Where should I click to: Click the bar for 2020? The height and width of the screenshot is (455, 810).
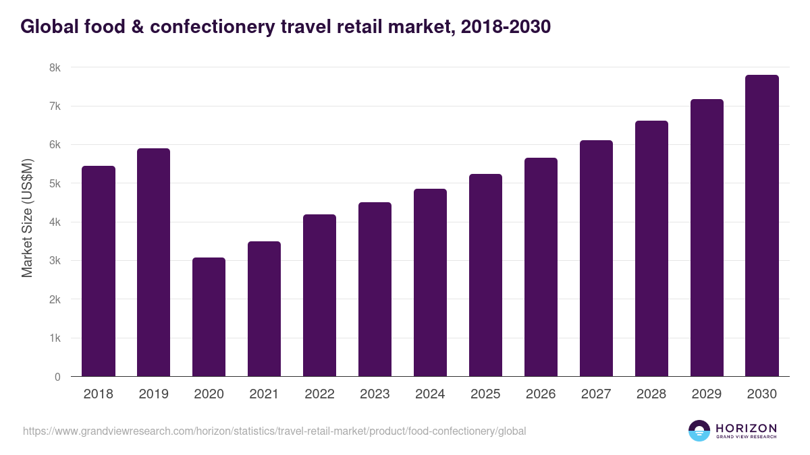209,317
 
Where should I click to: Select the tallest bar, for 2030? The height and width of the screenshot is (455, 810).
762,226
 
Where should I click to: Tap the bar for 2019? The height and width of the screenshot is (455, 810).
153,262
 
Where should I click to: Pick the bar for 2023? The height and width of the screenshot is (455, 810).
375,289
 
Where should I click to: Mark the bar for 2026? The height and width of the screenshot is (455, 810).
541,267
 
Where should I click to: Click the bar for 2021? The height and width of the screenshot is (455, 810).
264,309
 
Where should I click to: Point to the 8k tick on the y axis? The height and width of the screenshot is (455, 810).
55,68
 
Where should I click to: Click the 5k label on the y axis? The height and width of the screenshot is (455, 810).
55,184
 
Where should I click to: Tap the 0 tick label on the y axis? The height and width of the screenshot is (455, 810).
57,377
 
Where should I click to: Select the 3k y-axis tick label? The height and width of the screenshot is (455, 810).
55,261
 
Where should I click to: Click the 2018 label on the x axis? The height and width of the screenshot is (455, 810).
99,394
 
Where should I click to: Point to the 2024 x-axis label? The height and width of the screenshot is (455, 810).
430,394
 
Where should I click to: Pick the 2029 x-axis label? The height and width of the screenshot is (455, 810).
707,394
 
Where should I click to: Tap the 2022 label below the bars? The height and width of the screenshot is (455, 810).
319,394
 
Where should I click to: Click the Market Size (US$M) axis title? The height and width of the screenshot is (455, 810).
28,218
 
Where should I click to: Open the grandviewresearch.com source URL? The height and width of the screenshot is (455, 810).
274,431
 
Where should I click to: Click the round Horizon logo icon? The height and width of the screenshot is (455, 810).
699,431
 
